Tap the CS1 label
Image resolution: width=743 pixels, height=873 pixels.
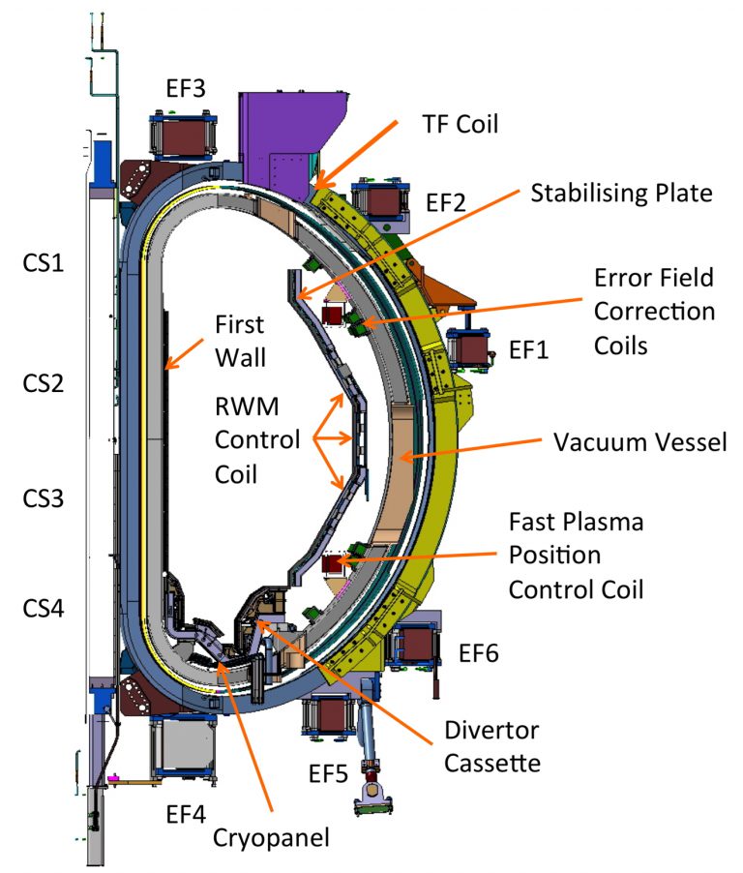pyautogui.click(x=45, y=262)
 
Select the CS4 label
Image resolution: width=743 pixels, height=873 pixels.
pyautogui.click(x=45, y=610)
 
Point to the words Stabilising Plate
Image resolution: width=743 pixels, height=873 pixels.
pyautogui.click(x=621, y=193)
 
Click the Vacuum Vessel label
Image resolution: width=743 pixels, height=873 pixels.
pyautogui.click(x=639, y=442)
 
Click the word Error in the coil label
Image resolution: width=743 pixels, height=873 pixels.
pyautogui.click(x=625, y=279)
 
